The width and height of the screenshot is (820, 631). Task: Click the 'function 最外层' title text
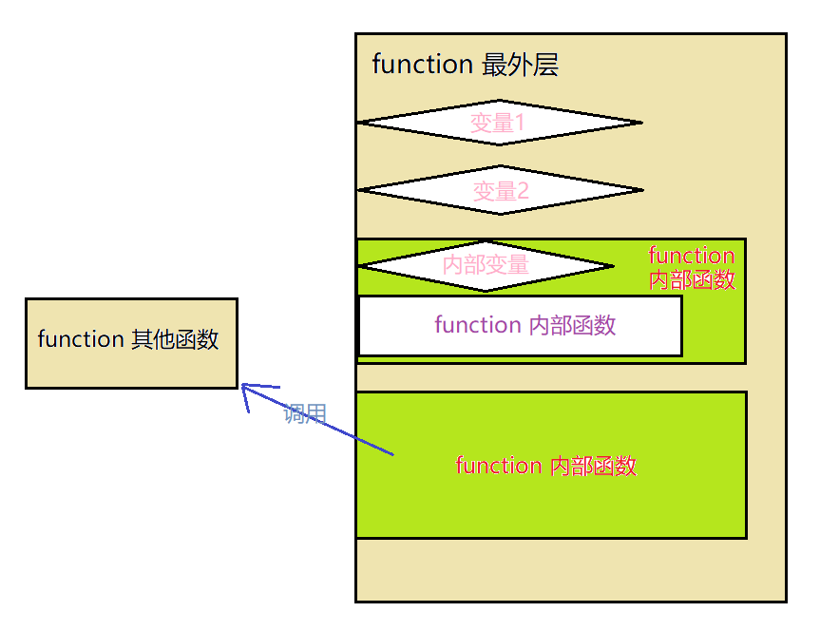[x=465, y=65]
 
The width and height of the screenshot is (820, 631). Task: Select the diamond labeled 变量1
[x=499, y=123]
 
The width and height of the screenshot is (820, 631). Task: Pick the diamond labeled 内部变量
[x=486, y=265]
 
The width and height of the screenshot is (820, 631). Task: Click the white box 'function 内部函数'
[x=520, y=326]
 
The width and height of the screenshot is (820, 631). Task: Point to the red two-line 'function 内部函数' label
[x=692, y=267]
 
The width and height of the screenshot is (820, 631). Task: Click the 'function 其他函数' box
[x=131, y=342]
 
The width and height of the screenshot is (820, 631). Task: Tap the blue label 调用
[x=305, y=413]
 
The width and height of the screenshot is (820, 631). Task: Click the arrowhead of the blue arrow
[x=244, y=386]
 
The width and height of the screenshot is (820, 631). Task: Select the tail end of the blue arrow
[x=391, y=454]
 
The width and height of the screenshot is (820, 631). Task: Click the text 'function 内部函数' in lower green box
[x=545, y=466]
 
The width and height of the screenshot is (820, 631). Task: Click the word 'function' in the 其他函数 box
[x=80, y=339]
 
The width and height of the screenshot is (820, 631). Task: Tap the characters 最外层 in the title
[x=520, y=65]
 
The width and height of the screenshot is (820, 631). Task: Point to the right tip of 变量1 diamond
[x=640, y=123]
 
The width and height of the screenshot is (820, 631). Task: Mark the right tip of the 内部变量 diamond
[x=613, y=265]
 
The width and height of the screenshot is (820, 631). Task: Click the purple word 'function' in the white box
[x=477, y=325]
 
